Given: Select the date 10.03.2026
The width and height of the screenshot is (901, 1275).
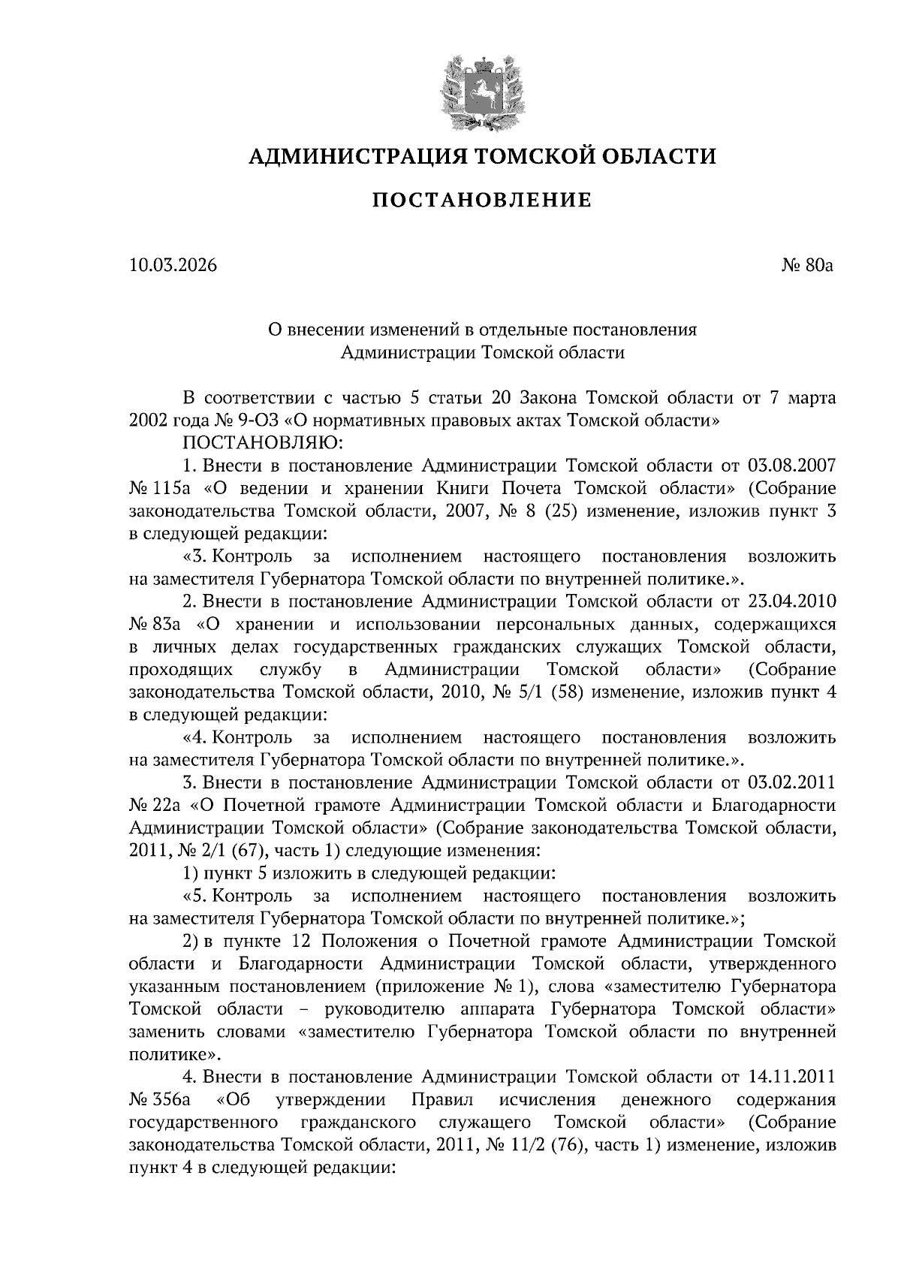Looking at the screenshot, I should pos(173,265).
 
